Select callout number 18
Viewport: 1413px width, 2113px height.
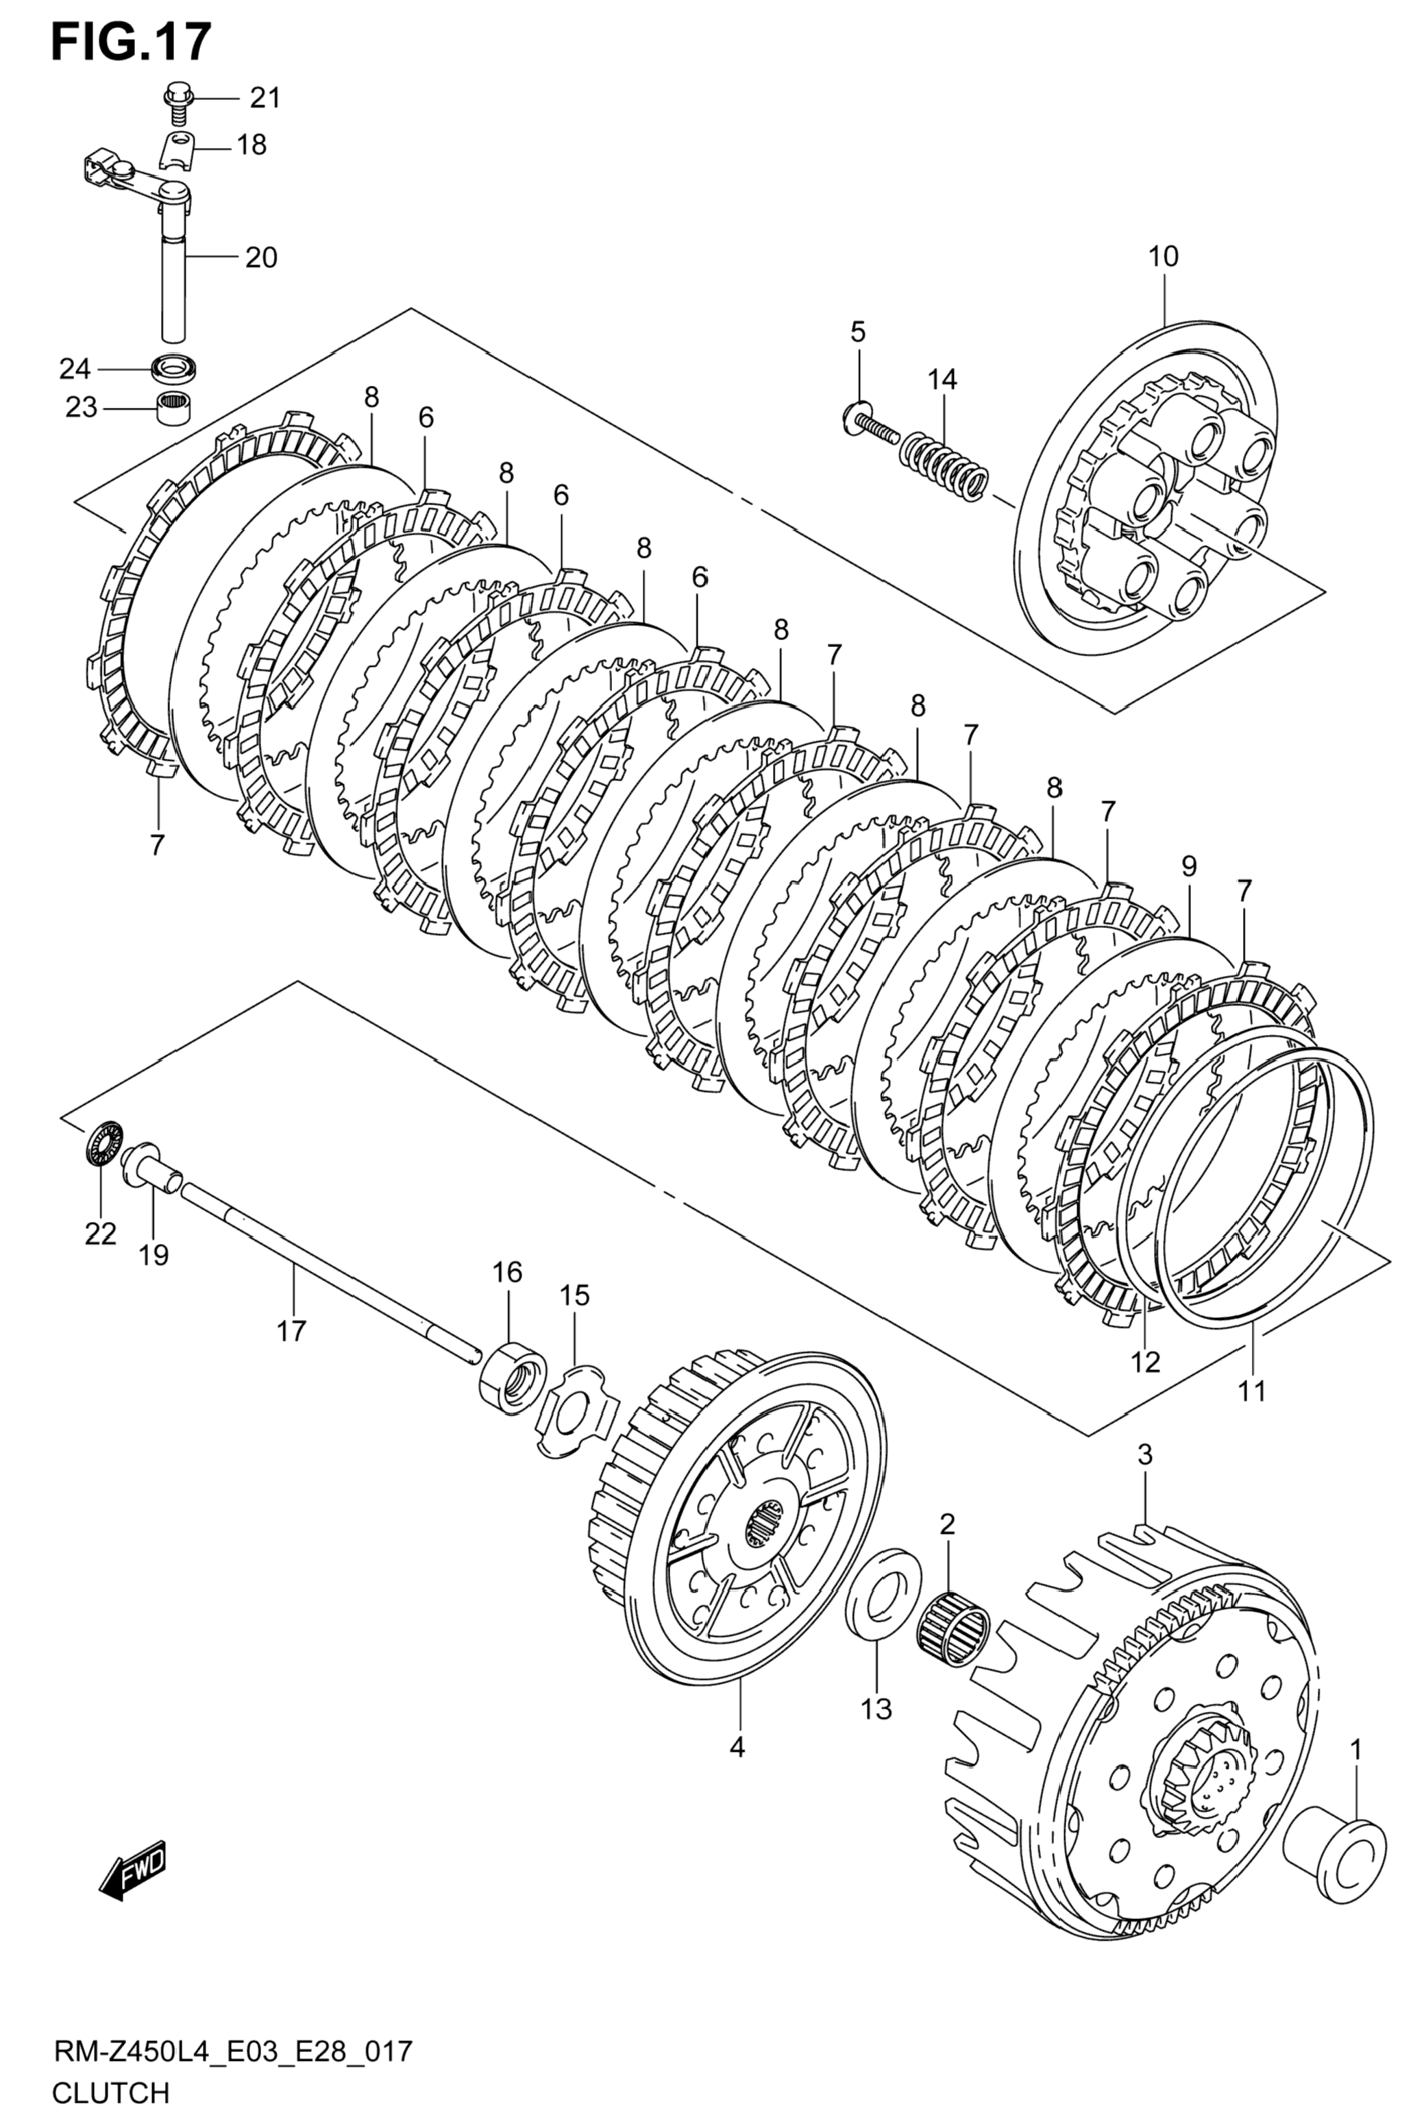[x=252, y=144]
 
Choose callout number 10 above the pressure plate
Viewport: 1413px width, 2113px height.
[x=1162, y=257]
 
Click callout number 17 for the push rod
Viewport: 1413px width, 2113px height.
[x=291, y=1330]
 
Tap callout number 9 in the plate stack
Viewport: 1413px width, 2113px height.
[x=1189, y=867]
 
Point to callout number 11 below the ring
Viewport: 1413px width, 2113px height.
[x=1252, y=1391]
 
